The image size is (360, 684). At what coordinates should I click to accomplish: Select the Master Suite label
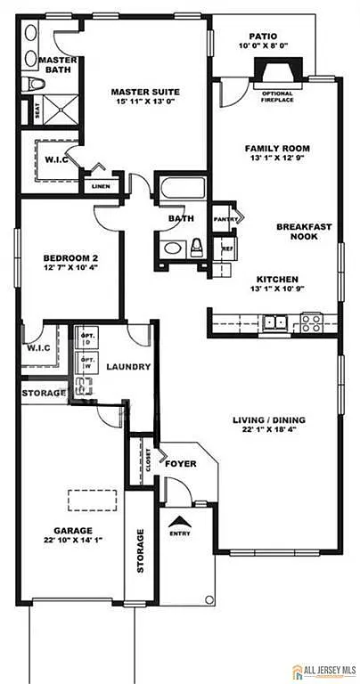[x=145, y=91]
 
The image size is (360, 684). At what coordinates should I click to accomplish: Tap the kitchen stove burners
[x=310, y=321]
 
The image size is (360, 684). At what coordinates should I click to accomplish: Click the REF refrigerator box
[x=226, y=248]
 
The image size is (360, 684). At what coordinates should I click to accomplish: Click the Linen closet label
[x=98, y=186]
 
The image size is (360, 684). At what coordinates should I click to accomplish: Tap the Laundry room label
[x=128, y=367]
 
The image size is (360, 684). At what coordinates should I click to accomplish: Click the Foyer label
[x=180, y=463]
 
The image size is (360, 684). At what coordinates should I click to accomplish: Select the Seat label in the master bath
[x=37, y=111]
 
